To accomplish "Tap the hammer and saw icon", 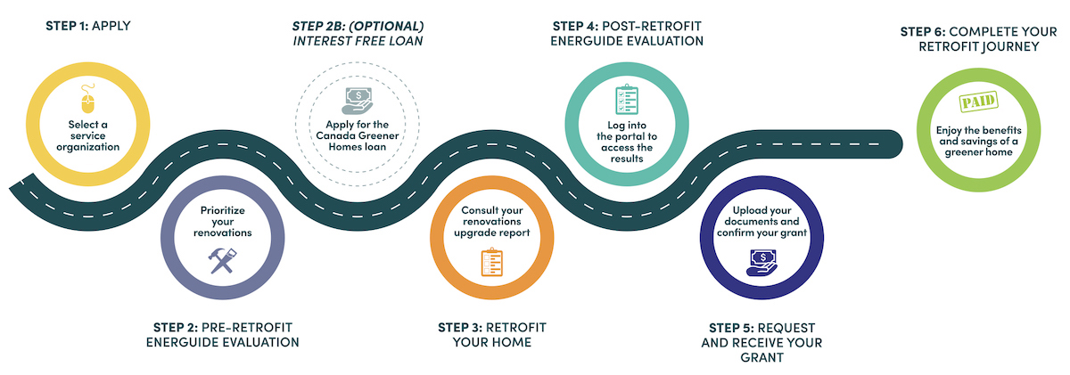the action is [222, 260].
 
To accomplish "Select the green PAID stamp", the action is [978, 102].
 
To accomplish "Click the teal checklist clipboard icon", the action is [627, 99].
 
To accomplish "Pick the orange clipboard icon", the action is [491, 262].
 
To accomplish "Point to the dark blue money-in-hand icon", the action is [761, 263].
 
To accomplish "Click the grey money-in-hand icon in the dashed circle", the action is [357, 101].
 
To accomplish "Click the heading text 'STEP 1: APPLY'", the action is [88, 26].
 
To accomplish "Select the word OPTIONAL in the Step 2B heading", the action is [386, 26].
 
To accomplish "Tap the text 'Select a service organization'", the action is [88, 135].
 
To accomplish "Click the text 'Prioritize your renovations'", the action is [223, 222].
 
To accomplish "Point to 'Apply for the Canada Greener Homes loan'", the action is [358, 135].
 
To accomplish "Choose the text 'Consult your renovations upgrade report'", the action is [492, 222].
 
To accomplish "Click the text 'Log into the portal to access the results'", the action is [627, 142].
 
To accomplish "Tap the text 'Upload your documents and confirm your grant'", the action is [761, 222].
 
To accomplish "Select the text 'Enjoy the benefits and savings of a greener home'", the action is [979, 142].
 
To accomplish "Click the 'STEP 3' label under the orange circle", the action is [460, 327].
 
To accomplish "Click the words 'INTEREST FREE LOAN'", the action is [358, 41].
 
